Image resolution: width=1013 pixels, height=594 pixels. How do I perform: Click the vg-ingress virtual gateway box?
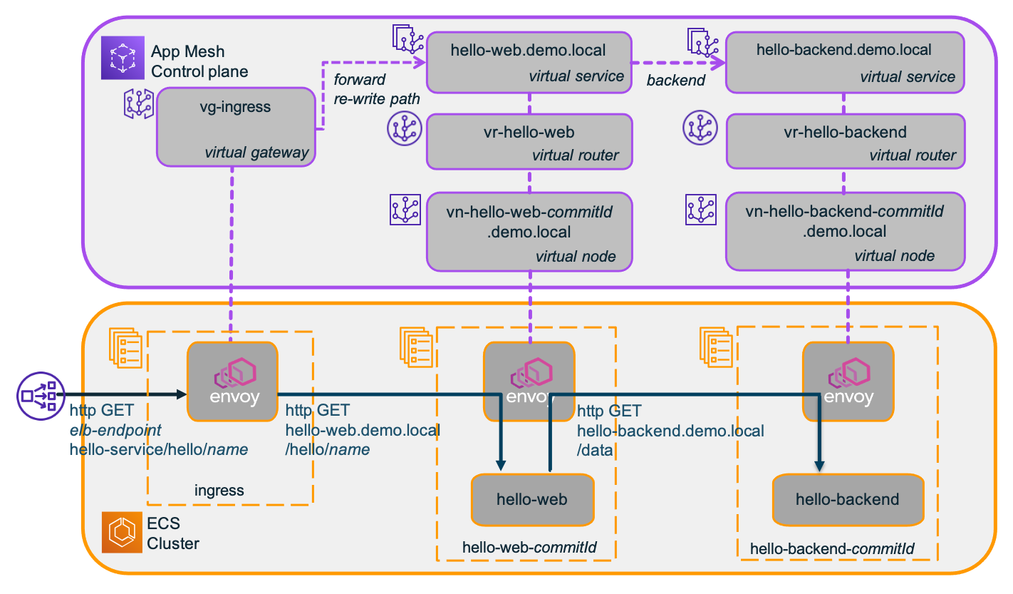click(x=236, y=127)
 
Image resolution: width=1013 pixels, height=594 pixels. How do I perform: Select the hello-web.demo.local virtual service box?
click(x=529, y=63)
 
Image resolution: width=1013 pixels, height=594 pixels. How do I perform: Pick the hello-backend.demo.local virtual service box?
click(x=845, y=63)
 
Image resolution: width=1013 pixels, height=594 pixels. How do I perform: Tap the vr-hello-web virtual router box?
click(x=529, y=142)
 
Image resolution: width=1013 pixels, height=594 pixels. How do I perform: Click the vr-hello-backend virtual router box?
click(x=846, y=141)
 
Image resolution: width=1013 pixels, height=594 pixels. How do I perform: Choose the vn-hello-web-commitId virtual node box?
click(x=529, y=232)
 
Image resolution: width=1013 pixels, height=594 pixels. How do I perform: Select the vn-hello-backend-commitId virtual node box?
click(x=846, y=231)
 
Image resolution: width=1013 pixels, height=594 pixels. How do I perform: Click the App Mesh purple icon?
click(x=123, y=58)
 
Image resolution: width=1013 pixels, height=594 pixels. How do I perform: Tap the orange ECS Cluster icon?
click(x=122, y=533)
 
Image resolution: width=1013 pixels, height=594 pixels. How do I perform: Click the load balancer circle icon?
click(x=41, y=396)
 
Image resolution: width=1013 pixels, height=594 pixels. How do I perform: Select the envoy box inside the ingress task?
click(x=232, y=382)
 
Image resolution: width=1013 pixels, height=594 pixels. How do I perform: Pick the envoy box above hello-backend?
click(x=848, y=382)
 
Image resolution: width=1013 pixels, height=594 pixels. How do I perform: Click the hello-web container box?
click(x=532, y=500)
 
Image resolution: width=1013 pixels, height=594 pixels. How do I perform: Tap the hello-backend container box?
click(x=848, y=500)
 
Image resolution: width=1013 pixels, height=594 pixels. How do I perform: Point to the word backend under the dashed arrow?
click(x=675, y=80)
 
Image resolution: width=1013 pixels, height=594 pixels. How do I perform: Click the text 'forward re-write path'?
click(x=377, y=89)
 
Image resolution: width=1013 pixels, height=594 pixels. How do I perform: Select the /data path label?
click(x=595, y=450)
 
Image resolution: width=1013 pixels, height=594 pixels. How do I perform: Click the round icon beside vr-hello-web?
click(x=405, y=129)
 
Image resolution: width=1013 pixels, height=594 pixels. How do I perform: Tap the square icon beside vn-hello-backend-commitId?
click(x=700, y=210)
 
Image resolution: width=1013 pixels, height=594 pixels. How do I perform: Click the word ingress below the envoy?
click(x=219, y=491)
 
